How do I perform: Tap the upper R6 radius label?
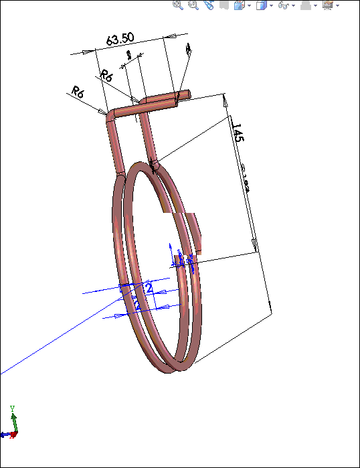pyautogui.click(x=106, y=75)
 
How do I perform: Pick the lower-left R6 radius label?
pyautogui.click(x=78, y=92)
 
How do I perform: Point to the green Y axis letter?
pyautogui.click(x=12, y=408)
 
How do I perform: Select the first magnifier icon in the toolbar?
pyautogui.click(x=178, y=5)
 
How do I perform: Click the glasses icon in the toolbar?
pyautogui.click(x=284, y=5)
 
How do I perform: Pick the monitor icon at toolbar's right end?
pyautogui.click(x=327, y=5)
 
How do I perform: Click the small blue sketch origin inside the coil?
pyautogui.click(x=179, y=261)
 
